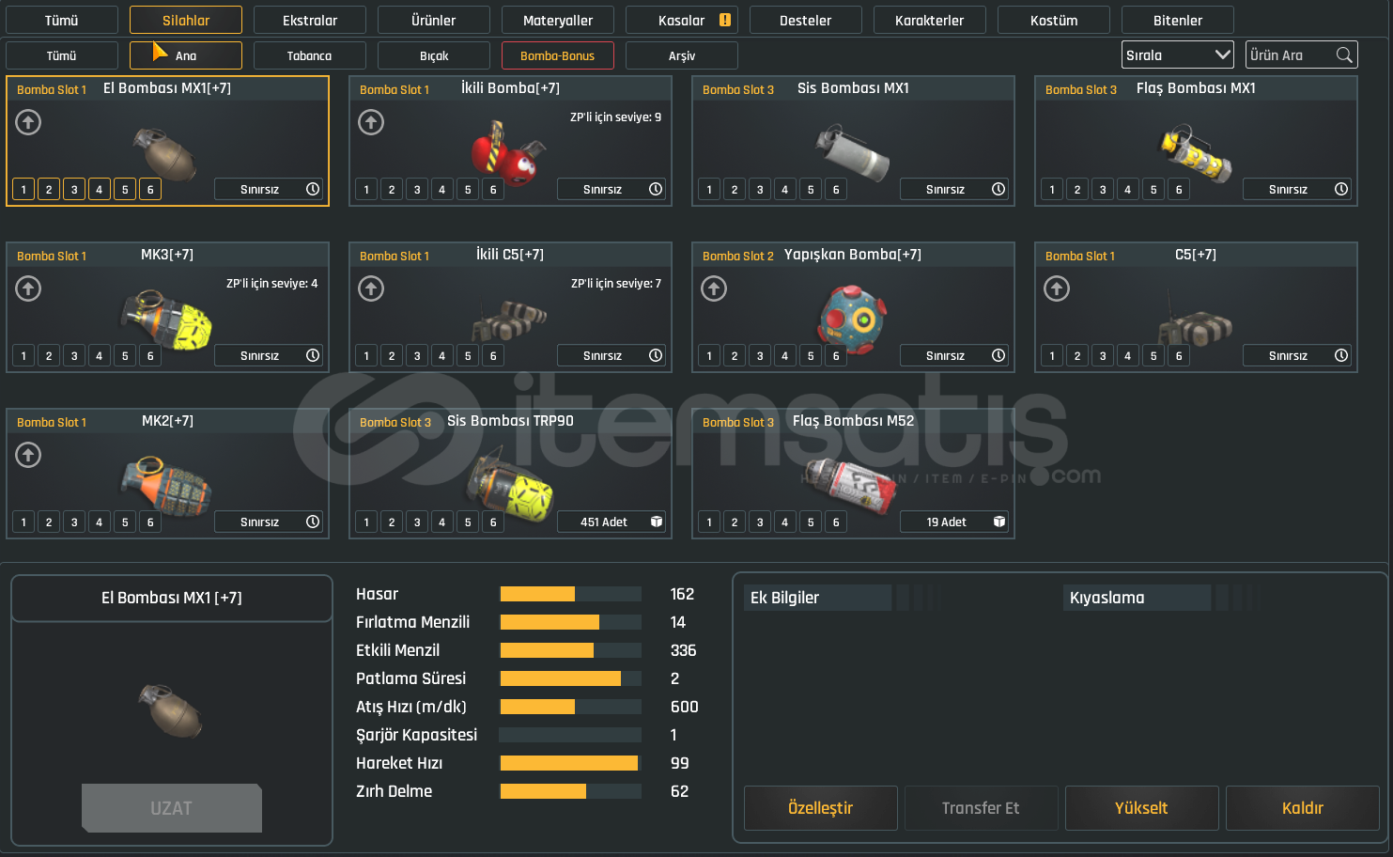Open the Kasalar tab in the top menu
coord(682,20)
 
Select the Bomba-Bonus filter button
coord(557,55)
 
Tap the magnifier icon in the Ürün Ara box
coord(1344,55)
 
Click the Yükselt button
coord(1141,808)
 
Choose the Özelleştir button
coord(820,808)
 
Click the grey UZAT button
coord(171,808)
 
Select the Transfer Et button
coord(981,808)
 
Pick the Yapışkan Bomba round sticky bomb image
coord(852,318)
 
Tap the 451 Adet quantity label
coord(604,522)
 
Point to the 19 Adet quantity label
coord(947,522)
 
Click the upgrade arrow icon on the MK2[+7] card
coord(28,455)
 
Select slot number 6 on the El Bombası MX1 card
coord(150,189)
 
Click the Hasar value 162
coord(682,594)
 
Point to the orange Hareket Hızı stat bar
coord(568,763)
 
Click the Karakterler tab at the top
coord(929,20)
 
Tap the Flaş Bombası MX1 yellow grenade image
coord(1194,153)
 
